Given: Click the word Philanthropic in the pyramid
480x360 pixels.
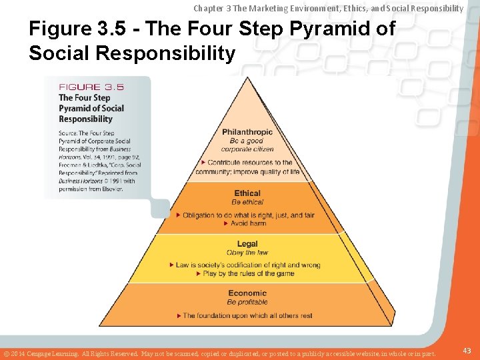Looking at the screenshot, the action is [247, 132].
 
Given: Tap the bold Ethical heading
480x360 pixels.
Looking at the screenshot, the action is [247, 193].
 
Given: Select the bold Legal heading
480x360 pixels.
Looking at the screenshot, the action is [247, 244].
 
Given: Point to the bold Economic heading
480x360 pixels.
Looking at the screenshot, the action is [247, 293].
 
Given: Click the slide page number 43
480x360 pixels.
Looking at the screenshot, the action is [467, 351].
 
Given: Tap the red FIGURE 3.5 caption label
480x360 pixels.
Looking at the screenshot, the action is [91, 87].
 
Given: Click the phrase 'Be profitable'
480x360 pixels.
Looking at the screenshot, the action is [247, 302].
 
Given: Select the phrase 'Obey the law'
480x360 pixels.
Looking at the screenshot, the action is [247, 253].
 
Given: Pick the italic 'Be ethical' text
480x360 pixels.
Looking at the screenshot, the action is [247, 202].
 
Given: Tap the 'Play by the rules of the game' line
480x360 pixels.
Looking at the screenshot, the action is [249, 273].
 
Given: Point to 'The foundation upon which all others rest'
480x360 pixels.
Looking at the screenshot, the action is [247, 315].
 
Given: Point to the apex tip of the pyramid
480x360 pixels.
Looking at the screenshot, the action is [247, 77].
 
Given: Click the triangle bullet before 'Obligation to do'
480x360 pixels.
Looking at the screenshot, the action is [178, 215].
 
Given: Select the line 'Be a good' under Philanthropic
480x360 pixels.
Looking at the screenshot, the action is [247, 141].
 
